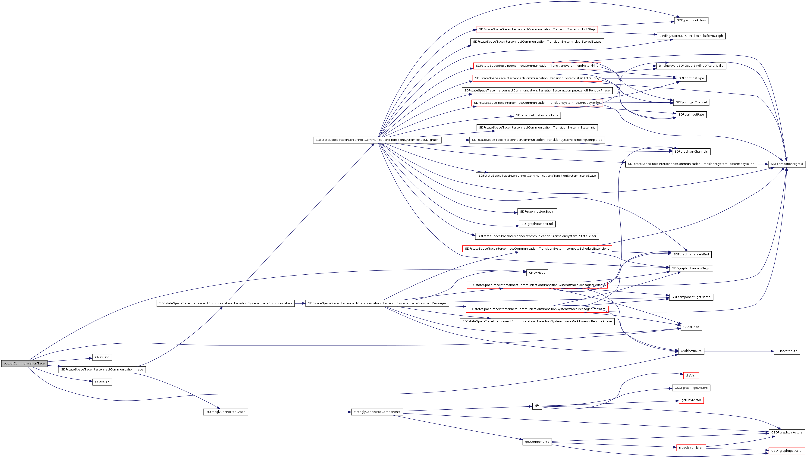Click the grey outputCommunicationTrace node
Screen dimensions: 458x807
point(24,363)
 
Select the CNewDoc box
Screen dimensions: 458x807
point(102,357)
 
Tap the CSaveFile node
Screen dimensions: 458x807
point(102,382)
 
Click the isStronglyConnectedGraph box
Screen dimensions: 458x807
point(226,412)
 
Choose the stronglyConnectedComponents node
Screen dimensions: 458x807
point(377,412)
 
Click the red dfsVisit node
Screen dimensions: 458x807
point(691,375)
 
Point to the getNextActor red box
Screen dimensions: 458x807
point(691,400)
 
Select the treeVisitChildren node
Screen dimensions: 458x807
point(691,448)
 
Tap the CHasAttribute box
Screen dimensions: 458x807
point(787,351)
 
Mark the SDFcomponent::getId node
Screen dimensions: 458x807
point(787,164)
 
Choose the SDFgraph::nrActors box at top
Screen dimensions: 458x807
point(691,20)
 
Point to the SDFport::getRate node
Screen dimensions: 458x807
point(691,114)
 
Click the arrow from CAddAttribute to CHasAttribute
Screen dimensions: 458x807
point(739,351)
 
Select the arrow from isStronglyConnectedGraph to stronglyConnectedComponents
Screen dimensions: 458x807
point(299,412)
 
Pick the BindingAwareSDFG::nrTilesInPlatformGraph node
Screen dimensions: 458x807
point(691,36)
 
